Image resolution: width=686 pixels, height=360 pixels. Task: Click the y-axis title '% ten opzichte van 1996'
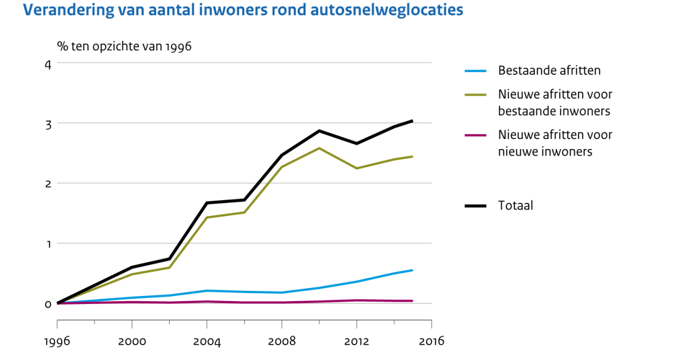point(124,46)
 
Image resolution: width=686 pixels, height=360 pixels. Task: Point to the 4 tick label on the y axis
point(48,63)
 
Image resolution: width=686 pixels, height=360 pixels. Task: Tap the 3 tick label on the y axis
point(48,123)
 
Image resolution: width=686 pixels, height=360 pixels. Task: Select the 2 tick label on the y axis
point(48,183)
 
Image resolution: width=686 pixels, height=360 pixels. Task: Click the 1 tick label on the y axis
point(48,243)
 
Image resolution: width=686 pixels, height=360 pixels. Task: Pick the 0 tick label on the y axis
point(48,303)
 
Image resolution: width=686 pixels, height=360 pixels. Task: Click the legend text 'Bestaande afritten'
point(549,71)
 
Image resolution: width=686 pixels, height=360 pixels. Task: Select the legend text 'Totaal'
point(516,206)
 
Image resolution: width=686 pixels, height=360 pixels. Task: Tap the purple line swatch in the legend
point(475,135)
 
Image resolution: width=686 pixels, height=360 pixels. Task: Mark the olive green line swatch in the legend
point(475,94)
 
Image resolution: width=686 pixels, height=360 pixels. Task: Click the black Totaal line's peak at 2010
point(319,131)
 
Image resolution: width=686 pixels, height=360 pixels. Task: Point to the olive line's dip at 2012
point(357,169)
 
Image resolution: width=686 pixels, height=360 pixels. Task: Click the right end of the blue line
point(412,270)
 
